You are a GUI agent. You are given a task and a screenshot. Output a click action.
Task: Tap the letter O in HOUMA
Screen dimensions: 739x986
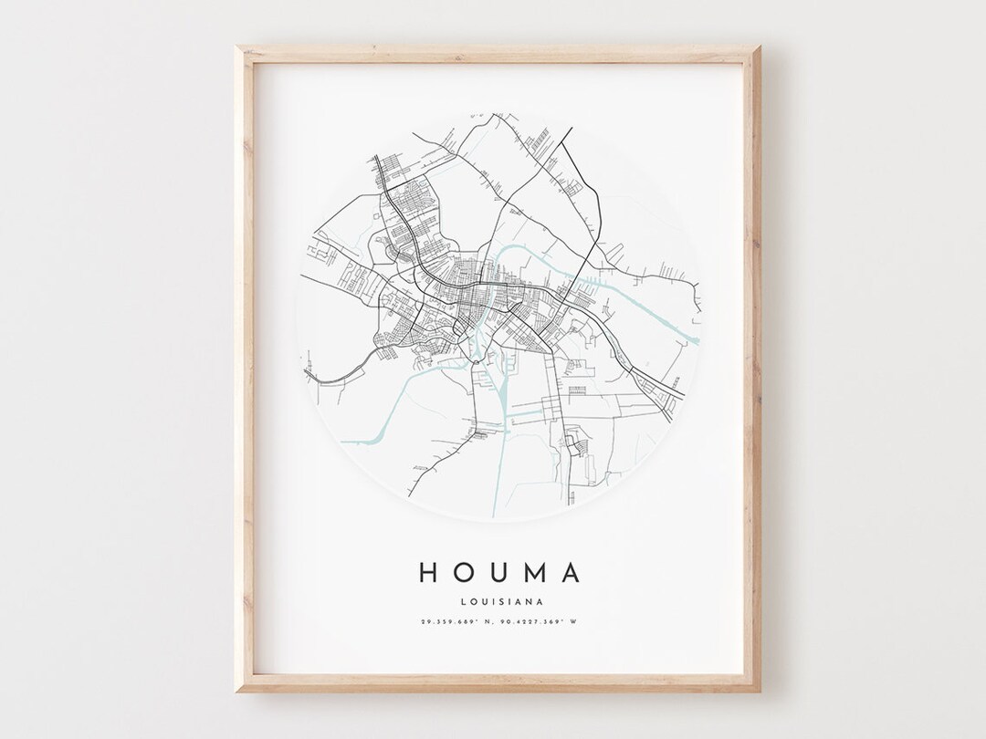pos(465,572)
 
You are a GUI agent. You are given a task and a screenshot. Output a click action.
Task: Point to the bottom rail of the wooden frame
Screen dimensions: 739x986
pos(498,684)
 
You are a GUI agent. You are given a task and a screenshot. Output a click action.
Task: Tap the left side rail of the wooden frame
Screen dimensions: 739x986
pos(243,365)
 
